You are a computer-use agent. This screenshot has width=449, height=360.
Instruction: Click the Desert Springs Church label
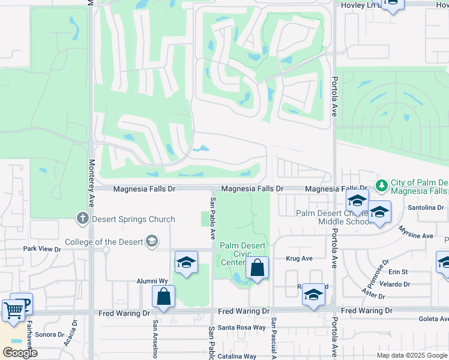133,219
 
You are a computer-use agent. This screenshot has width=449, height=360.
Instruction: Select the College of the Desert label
104,242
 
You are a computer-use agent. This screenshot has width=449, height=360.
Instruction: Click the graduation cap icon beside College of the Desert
152,241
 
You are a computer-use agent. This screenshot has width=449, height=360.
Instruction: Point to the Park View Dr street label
43,248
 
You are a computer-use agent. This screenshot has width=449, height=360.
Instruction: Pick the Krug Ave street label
300,259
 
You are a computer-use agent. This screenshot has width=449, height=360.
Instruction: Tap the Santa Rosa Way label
241,327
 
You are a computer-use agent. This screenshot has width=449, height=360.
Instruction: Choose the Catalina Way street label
237,356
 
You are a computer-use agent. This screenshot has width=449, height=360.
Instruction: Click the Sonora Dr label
50,334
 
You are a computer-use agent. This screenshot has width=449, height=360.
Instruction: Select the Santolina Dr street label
425,208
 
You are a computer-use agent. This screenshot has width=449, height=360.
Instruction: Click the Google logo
20,353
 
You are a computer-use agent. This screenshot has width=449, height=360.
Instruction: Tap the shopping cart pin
13,310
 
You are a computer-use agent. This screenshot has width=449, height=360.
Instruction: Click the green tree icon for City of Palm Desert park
381,184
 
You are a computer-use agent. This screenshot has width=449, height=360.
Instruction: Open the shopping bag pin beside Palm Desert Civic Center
257,268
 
